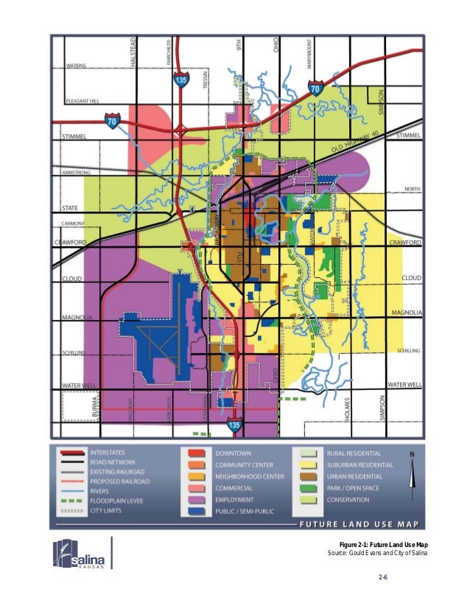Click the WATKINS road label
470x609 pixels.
click(77, 65)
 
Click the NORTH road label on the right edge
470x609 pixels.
click(413, 189)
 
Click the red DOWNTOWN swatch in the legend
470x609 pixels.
click(196, 452)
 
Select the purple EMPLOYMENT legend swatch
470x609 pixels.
click(196, 499)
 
